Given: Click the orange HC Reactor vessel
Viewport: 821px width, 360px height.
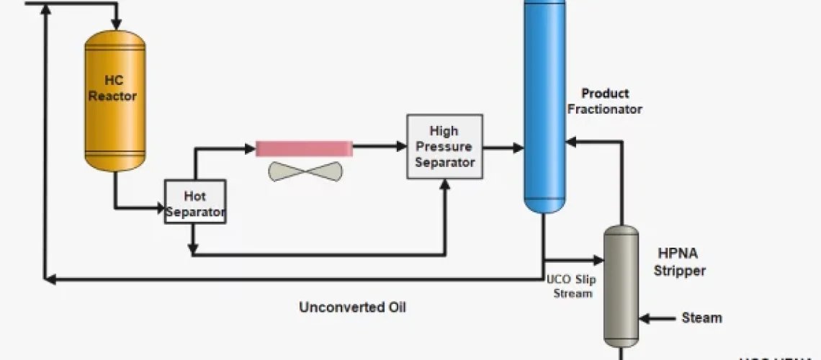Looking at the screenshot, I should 115,101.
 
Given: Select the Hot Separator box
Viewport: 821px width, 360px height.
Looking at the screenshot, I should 195,201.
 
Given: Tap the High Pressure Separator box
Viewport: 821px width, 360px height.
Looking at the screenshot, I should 444,146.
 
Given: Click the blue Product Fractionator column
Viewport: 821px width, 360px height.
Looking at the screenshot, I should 544,108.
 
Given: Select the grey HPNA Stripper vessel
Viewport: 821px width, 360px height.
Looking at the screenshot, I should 620,284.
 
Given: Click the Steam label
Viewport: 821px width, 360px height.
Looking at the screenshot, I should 701,318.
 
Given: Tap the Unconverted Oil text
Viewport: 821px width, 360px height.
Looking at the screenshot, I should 352,307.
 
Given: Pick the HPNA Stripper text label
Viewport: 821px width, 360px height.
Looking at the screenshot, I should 681,262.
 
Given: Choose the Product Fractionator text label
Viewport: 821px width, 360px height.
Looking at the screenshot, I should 604,101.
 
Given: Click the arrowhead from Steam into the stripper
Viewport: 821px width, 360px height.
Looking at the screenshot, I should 645,318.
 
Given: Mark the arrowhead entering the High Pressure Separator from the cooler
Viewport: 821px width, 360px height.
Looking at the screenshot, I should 401,147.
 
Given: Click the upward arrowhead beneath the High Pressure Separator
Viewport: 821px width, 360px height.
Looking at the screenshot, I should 444,185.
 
